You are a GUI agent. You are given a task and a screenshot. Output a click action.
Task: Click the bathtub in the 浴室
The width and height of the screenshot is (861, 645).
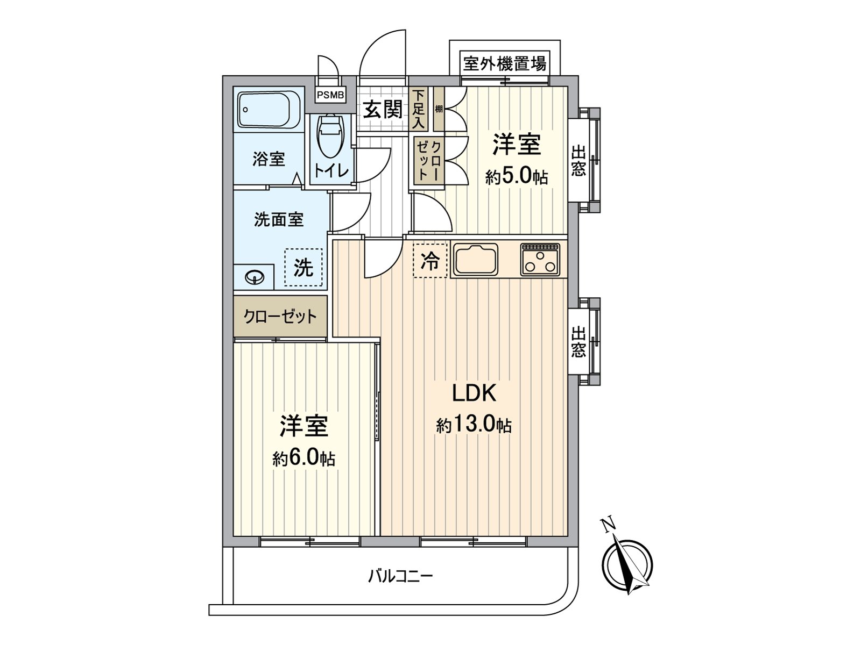pos(269,110)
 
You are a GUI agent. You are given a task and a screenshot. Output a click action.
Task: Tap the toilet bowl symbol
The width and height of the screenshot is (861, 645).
pos(330,137)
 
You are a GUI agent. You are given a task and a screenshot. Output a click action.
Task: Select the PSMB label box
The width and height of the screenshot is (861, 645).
pos(330,95)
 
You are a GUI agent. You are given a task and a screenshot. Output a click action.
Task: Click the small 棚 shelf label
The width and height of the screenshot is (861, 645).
pos(439,110)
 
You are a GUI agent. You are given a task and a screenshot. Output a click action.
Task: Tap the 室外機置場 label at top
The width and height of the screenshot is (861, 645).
pos(504,64)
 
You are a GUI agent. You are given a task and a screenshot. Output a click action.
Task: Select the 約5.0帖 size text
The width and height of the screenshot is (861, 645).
pos(517,176)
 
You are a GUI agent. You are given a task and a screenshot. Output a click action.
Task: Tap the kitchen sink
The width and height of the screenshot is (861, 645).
pos(476,260)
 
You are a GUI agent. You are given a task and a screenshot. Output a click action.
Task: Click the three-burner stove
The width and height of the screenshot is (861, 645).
pos(540,260)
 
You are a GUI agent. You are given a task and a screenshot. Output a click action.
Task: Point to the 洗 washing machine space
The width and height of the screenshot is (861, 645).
pos(304,267)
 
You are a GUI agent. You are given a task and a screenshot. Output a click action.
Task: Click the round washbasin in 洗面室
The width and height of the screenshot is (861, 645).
pos(254,278)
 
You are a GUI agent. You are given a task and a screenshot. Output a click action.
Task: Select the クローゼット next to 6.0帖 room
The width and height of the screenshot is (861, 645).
pos(280,316)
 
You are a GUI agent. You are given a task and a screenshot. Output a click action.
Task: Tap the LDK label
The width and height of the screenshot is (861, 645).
pos(474,393)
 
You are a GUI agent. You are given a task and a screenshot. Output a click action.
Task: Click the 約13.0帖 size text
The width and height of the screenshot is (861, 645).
pos(474,425)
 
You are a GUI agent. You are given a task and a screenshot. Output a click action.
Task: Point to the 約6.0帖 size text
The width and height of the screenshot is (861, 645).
pos(304,458)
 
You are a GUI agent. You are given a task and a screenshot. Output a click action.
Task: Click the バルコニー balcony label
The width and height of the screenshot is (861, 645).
pos(400,577)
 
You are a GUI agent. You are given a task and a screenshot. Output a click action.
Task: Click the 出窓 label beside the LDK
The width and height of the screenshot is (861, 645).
pos(578,342)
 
